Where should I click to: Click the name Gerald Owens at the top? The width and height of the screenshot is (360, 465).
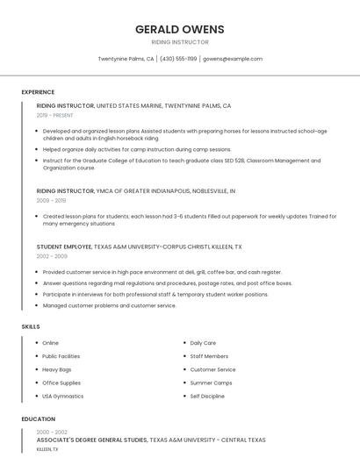click(179, 29)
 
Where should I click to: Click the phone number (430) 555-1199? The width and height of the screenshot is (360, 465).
click(178, 59)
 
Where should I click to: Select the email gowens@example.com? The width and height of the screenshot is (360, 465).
click(233, 59)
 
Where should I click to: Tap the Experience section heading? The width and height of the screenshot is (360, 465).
click(38, 92)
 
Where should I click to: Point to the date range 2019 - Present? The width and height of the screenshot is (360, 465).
click(55, 115)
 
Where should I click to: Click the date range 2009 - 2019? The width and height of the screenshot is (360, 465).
click(51, 200)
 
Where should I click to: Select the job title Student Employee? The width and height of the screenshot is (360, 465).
click(67, 247)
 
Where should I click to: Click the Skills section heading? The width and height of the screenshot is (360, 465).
click(31, 326)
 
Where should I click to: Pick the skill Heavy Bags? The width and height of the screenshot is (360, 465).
click(58, 369)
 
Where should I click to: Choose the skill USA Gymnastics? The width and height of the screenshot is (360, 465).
click(63, 396)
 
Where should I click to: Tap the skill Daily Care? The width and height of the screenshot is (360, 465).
click(203, 343)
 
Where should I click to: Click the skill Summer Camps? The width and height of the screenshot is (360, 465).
click(212, 383)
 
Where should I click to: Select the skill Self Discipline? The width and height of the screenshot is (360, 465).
click(207, 396)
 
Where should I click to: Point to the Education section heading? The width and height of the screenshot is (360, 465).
click(38, 419)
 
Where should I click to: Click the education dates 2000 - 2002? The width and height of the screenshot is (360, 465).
click(52, 433)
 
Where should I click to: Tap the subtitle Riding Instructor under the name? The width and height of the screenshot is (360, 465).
click(179, 42)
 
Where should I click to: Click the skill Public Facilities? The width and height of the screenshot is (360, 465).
click(61, 356)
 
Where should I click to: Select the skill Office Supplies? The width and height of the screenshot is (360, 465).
click(61, 383)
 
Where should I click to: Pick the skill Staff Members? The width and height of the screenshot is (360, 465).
click(209, 356)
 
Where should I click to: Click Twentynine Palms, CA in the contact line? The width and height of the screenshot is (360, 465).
click(126, 59)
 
